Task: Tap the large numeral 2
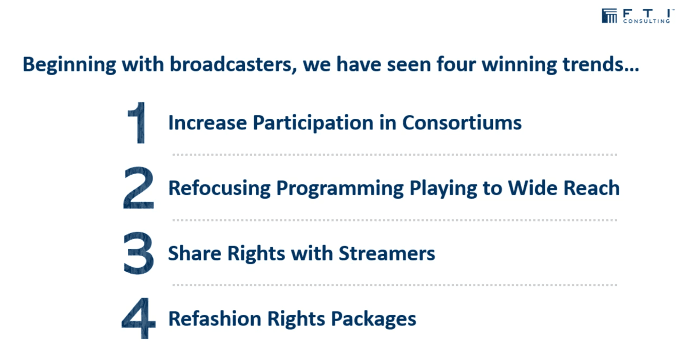(x=139, y=187)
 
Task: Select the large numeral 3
(x=139, y=253)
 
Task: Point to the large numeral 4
(x=139, y=318)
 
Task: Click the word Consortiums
(x=462, y=122)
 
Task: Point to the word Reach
(x=591, y=188)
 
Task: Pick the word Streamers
(x=387, y=253)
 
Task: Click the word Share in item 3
(x=194, y=253)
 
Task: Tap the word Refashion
(x=215, y=318)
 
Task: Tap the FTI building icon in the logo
(x=609, y=15)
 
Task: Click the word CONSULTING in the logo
(x=646, y=21)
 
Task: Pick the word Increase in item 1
(x=208, y=122)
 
